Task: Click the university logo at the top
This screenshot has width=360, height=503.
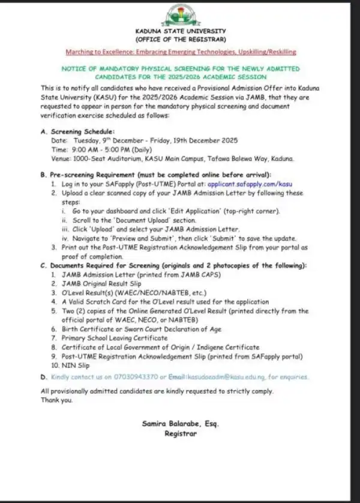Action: [180, 15]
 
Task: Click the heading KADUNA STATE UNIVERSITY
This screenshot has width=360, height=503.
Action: [180, 31]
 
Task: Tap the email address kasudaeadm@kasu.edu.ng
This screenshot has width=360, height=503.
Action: [238, 378]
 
